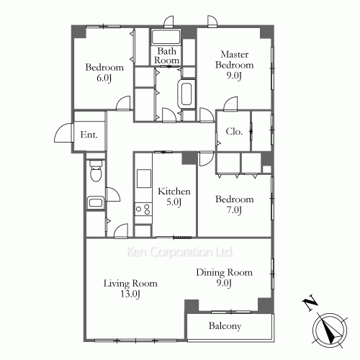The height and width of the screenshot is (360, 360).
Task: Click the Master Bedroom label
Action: point(234,60)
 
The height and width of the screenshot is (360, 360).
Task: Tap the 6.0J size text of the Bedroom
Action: point(104,78)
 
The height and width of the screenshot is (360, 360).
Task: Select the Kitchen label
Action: point(174,192)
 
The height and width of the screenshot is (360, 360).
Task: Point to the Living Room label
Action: point(130,284)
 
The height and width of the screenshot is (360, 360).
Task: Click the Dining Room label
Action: point(224,272)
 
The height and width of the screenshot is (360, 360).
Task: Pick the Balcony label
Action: point(225,326)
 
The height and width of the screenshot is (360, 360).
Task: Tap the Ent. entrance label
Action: point(89,135)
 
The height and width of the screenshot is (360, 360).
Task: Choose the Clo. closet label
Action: point(234,132)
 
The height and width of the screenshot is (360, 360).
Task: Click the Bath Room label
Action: point(166,55)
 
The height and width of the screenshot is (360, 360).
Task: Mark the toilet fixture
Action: point(96,171)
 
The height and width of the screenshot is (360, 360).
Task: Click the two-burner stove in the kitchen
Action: point(143,209)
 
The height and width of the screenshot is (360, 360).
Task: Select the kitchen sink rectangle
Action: point(144,179)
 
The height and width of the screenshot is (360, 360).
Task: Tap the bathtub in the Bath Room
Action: point(166,37)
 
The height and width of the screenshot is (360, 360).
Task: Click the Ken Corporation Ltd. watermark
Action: point(180,252)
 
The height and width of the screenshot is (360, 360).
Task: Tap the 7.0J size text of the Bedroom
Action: point(234,210)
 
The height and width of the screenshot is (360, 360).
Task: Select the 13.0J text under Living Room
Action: point(130,294)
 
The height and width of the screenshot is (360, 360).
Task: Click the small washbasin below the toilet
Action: point(96,203)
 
